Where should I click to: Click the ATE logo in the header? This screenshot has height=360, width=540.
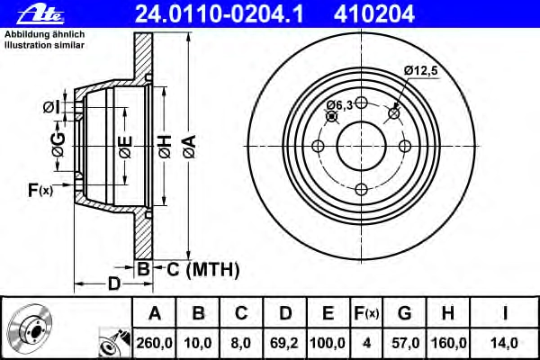click(x=40, y=14)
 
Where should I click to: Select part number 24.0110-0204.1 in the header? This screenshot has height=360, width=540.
click(x=220, y=14)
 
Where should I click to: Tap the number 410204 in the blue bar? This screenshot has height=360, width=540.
click(x=374, y=14)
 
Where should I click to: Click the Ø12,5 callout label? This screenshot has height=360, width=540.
click(x=420, y=70)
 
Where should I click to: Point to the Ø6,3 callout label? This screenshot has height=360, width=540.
click(x=339, y=104)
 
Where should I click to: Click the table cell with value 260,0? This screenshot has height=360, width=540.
click(x=154, y=343)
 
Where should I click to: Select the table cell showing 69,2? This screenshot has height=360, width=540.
click(x=284, y=343)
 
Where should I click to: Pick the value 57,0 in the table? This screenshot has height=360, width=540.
click(x=405, y=343)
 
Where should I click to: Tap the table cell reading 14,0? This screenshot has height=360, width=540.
click(x=504, y=343)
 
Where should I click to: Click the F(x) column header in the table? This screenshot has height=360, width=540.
click(x=366, y=313)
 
